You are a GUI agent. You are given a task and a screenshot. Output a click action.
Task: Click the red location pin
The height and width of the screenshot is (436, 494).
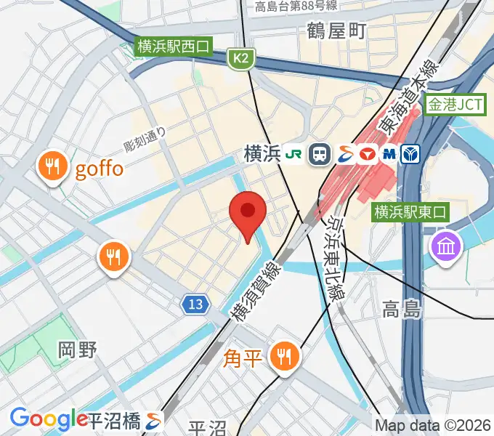(x=248, y=213)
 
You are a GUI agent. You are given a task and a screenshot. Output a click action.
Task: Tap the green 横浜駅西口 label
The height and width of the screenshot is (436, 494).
(x=173, y=47)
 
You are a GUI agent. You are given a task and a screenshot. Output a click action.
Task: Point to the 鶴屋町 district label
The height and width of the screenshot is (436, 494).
(x=337, y=31)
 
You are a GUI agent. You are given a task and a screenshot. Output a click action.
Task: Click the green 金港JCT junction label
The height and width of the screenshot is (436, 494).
(x=455, y=105)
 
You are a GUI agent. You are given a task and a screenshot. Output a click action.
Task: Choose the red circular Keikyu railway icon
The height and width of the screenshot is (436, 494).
(x=368, y=154)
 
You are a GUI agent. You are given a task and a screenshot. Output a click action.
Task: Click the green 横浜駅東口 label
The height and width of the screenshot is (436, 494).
(x=411, y=212)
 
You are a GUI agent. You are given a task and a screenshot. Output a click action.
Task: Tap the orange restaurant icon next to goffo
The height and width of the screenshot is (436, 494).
(x=52, y=168)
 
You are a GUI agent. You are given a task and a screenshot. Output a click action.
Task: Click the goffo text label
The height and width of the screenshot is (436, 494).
(x=100, y=169)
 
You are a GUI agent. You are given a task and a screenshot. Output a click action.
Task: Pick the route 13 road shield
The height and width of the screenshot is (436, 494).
(x=194, y=305)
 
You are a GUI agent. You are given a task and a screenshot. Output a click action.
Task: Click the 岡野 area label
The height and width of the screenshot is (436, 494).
(x=77, y=350)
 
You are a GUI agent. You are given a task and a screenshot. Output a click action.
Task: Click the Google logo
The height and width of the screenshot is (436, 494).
(x=49, y=419)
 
